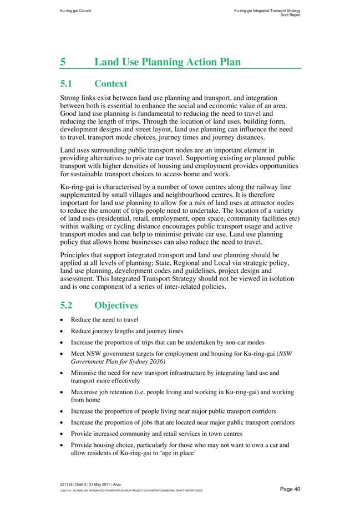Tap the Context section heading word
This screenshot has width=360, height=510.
[x=111, y=84]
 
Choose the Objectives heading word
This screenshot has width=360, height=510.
[x=116, y=305]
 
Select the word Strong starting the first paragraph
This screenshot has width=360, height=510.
[x=71, y=98]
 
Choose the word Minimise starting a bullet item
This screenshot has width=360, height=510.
[x=85, y=373]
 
